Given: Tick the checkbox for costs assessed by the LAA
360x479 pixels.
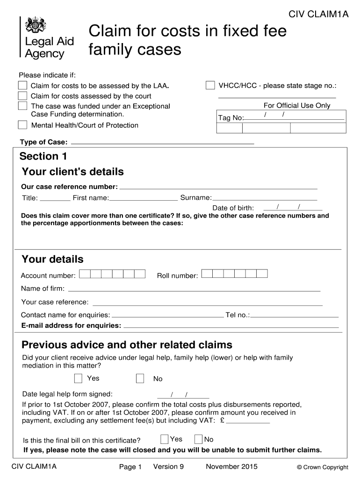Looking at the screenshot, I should tap(22, 85).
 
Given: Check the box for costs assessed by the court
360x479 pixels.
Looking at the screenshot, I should tap(22, 95).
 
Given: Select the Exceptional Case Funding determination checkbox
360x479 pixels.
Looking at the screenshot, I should tap(22, 106).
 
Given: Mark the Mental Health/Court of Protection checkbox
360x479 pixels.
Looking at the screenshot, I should tap(22, 125).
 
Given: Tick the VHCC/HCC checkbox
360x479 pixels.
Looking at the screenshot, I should tap(210, 85).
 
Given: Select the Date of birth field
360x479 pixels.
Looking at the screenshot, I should tap(293, 208).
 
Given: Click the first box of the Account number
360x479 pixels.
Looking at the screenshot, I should tap(85, 274).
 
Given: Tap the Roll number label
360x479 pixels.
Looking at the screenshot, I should tap(177, 276).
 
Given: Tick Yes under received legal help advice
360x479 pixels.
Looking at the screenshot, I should tap(79, 378).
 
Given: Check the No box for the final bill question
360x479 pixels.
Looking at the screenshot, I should tap(198, 439).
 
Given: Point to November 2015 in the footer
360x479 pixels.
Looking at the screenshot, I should tap(231, 466).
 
